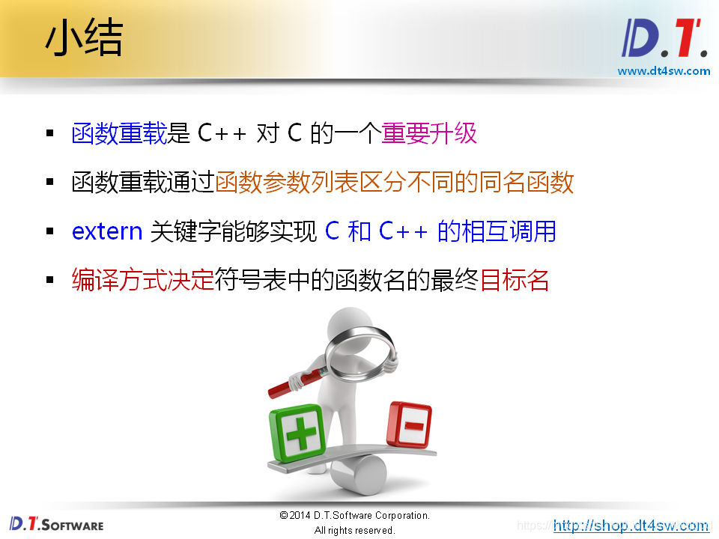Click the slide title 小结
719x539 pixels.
click(84, 40)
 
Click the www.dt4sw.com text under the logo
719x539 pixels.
click(664, 71)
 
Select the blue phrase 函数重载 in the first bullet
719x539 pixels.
click(118, 133)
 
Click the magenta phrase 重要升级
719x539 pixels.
click(429, 133)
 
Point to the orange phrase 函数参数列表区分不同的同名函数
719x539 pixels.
click(394, 182)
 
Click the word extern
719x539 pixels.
click(107, 231)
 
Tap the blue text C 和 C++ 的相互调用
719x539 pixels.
click(440, 231)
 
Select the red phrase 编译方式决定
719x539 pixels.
click(142, 280)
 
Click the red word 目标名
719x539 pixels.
click(514, 280)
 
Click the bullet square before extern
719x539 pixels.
click(50, 231)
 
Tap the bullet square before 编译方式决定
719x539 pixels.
click(50, 280)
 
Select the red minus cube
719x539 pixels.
click(410, 424)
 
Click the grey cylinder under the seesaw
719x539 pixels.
click(358, 473)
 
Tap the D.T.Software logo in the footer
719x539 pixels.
click(57, 523)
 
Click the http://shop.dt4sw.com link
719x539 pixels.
click(631, 526)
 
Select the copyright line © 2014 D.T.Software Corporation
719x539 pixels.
click(354, 516)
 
